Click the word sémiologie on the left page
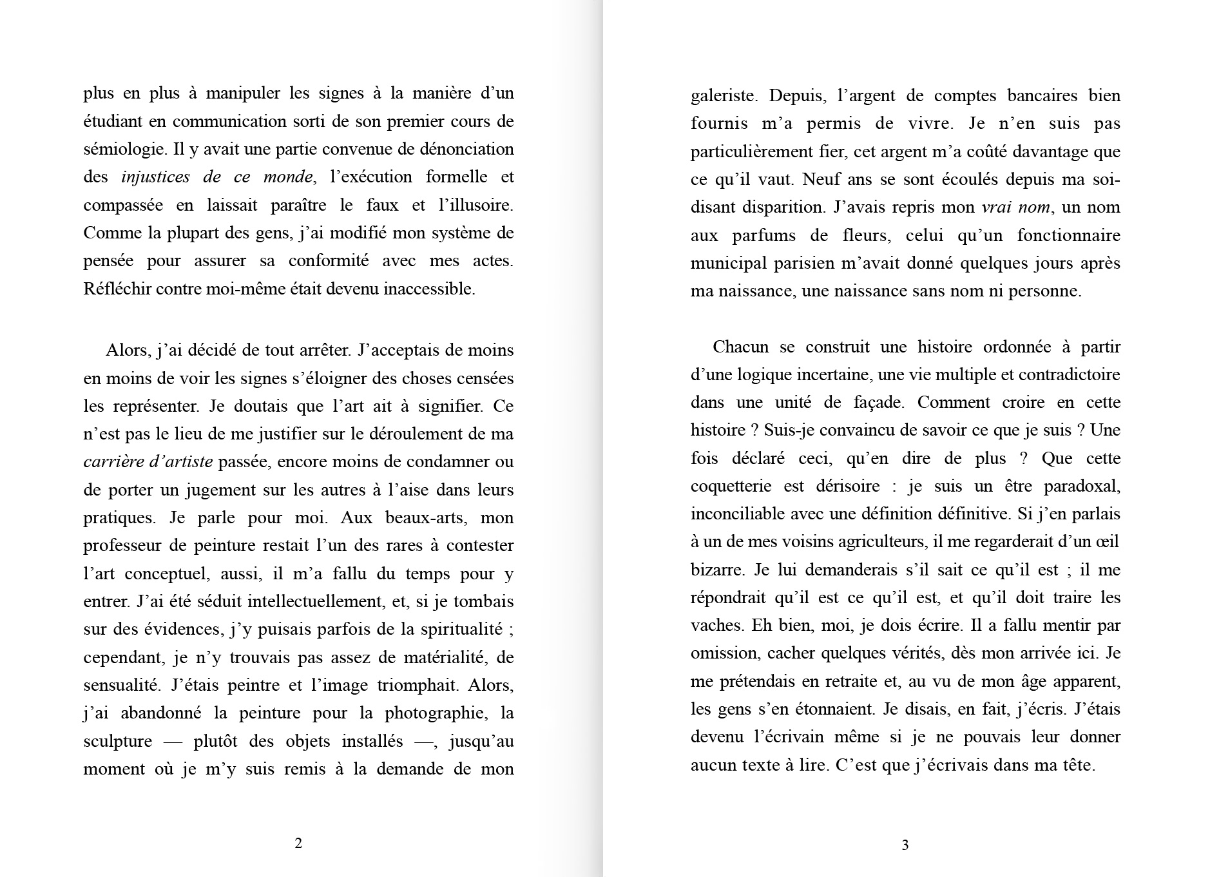click(123, 149)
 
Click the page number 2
click(298, 843)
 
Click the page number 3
click(905, 845)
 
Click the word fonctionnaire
click(1068, 236)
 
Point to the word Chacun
click(740, 347)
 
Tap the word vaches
click(712, 626)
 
